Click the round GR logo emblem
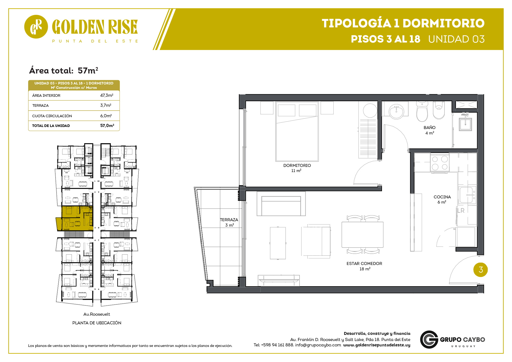coord(36,27)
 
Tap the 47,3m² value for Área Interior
coord(107,95)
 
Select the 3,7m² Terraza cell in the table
coord(106,105)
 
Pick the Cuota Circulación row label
coord(52,116)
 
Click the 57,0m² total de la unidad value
coord(107,125)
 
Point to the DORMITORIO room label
coord(297,165)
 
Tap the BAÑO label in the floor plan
coord(430,127)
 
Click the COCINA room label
coord(442,197)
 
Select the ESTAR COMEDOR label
coord(364,263)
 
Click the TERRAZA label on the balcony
coord(229,220)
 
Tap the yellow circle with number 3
coord(481,270)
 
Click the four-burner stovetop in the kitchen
coord(440,163)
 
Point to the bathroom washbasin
coord(396,112)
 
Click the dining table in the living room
coord(362,235)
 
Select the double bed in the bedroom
coord(297,132)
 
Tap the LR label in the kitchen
coord(461,210)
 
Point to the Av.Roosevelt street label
coord(97,314)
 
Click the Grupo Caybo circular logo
coord(429,339)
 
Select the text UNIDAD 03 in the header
coord(456,39)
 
